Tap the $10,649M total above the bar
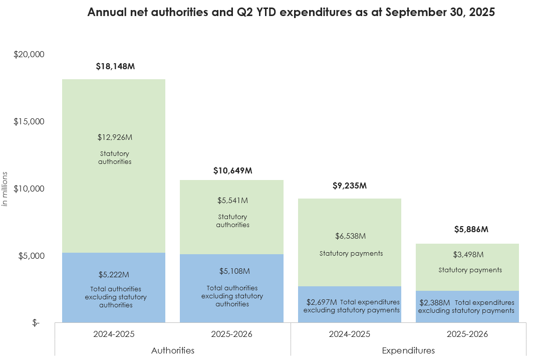coord(232,170)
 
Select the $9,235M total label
coord(350,186)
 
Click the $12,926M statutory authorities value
coord(115,137)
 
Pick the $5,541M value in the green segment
coord(232,201)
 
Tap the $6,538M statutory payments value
coord(351,236)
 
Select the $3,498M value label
coord(468,255)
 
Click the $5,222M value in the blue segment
coord(114,275)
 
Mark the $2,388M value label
coord(435,303)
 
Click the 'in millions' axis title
coord(6,189)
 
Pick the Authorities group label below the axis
coord(173,350)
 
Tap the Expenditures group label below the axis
coord(408,350)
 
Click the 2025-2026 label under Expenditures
coord(467,334)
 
